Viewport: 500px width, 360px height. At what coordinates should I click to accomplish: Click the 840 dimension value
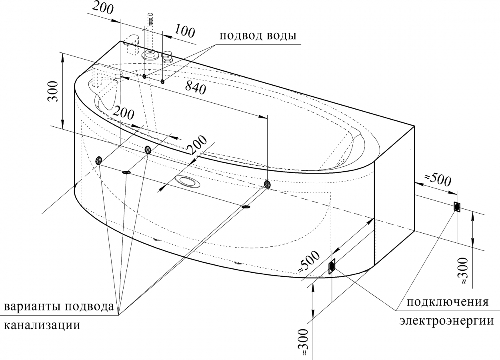pyautogui.click(x=196, y=87)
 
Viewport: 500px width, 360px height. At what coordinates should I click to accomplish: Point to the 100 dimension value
pyautogui.click(x=184, y=31)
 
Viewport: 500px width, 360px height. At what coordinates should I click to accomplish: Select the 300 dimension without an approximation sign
pyautogui.click(x=54, y=91)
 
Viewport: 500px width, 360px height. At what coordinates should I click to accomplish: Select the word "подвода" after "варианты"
pyautogui.click(x=89, y=307)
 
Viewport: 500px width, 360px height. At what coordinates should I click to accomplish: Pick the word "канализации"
pyautogui.click(x=42, y=325)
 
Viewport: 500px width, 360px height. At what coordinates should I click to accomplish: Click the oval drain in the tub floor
pyautogui.click(x=188, y=182)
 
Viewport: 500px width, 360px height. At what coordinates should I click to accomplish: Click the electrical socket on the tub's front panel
pyautogui.click(x=332, y=266)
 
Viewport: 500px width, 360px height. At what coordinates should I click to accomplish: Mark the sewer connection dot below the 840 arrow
pyautogui.click(x=267, y=184)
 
